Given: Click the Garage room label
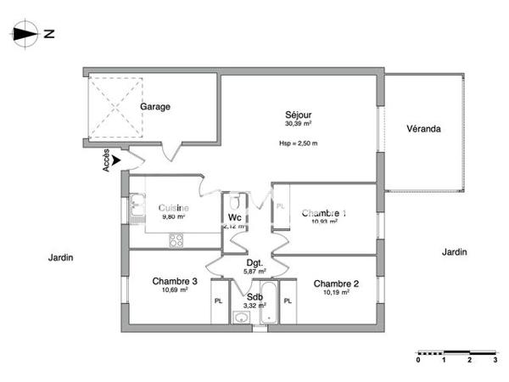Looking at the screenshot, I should pyautogui.click(x=156, y=107).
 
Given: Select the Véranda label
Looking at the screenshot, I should pyautogui.click(x=423, y=129).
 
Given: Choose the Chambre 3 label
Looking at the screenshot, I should pyautogui.click(x=176, y=282).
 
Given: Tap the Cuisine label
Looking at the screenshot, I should pyautogui.click(x=173, y=208).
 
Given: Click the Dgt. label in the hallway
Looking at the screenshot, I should pyautogui.click(x=254, y=263).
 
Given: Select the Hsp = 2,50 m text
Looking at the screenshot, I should pyautogui.click(x=298, y=143).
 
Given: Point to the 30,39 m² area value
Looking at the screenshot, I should pyautogui.click(x=299, y=124).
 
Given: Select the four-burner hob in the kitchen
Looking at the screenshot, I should pyautogui.click(x=176, y=240).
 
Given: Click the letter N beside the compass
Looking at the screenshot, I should pyautogui.click(x=49, y=35).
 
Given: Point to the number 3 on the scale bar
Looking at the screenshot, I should pyautogui.click(x=495, y=360).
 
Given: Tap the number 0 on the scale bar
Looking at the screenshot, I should pyautogui.click(x=417, y=360).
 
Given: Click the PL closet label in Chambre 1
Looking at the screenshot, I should pyautogui.click(x=281, y=206).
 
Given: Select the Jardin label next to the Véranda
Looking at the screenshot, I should pyautogui.click(x=455, y=252).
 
